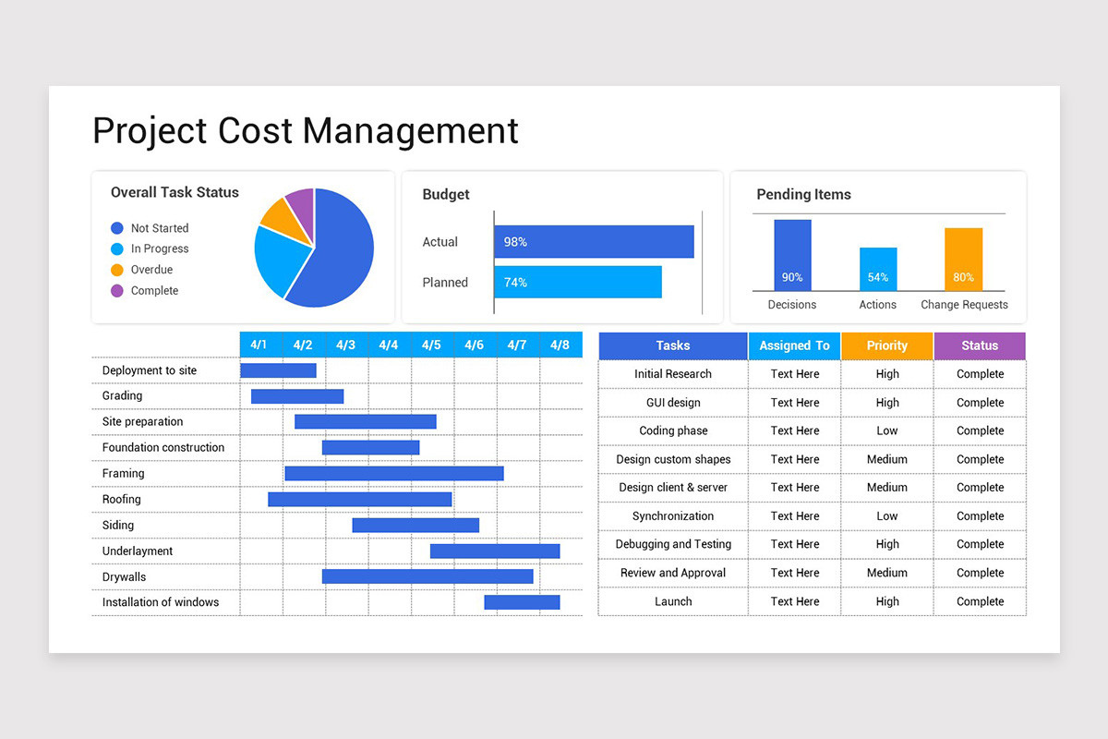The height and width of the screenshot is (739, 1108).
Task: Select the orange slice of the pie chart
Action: coord(279,217)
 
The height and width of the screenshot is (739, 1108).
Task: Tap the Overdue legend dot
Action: coord(116,270)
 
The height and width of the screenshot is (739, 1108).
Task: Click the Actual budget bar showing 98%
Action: coord(594,242)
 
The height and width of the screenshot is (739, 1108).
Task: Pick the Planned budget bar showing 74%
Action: coord(578,283)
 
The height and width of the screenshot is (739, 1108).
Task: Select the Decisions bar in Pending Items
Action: coord(792,255)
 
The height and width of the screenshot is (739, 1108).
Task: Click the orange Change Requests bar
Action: coord(963,259)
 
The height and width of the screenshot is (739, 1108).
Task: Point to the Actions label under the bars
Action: coord(877,305)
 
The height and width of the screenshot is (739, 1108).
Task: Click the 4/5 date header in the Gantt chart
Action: coord(431,345)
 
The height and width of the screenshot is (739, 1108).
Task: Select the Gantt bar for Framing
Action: coord(394,473)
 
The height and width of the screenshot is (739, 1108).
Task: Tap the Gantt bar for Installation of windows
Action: coord(522,602)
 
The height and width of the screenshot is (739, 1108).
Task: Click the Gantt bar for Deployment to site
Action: coord(278,370)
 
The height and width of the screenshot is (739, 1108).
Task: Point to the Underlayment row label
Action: coord(138,551)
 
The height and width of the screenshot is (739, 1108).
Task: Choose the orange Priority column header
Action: coord(886,345)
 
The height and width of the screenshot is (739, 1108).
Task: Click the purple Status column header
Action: coord(980,345)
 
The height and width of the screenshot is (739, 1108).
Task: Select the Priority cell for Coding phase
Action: coord(886,430)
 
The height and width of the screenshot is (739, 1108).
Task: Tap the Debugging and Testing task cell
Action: coord(673,544)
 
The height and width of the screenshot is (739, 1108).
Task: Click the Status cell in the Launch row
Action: coord(980,601)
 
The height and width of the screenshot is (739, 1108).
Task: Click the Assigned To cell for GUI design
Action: coord(794,403)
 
